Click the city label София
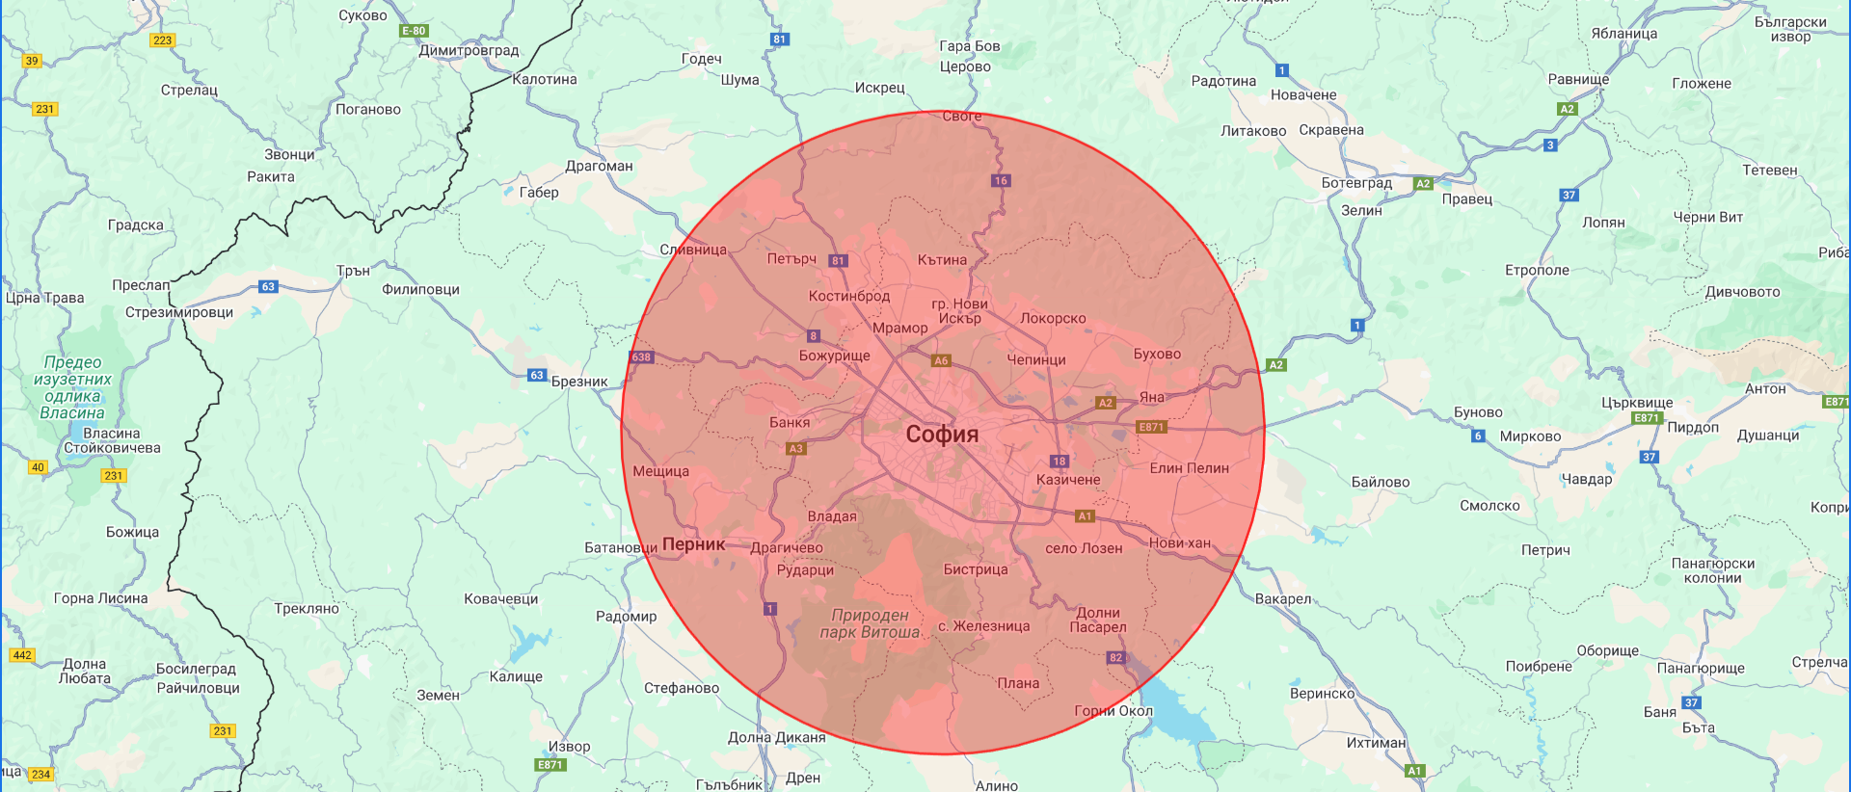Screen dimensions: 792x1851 (x=942, y=435)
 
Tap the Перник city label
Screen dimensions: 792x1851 (x=693, y=543)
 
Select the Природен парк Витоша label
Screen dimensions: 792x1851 (x=870, y=623)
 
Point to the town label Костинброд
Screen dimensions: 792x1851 (x=848, y=296)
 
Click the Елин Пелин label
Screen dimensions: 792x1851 (x=1189, y=468)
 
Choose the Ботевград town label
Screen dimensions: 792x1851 (x=1356, y=183)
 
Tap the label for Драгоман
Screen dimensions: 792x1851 (x=599, y=166)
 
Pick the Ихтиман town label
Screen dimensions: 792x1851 (x=1376, y=743)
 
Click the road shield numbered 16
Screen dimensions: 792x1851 (x=1001, y=180)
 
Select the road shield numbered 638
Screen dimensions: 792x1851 (x=641, y=357)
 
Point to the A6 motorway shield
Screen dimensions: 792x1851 (x=941, y=360)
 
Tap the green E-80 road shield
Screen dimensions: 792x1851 (x=414, y=31)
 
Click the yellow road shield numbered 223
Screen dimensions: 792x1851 (x=162, y=40)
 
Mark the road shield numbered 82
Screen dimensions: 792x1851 (x=1115, y=657)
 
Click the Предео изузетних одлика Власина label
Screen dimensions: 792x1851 (x=72, y=387)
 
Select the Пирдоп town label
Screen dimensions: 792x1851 (x=1693, y=427)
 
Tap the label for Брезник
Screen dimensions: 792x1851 (x=579, y=382)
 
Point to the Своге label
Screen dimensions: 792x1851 (x=961, y=117)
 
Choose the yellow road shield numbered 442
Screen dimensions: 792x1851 (x=21, y=655)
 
